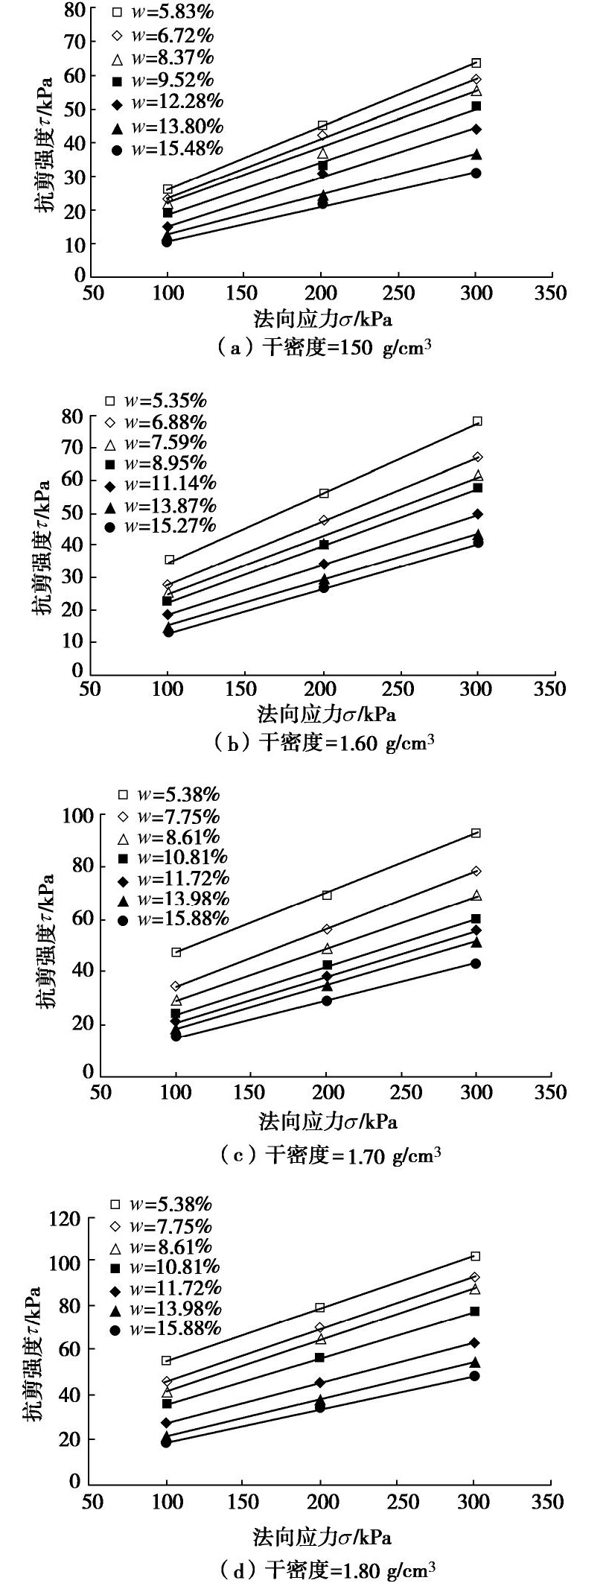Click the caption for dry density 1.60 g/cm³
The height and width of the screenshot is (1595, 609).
pos(324,743)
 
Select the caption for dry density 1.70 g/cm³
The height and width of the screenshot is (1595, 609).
pos(331,1155)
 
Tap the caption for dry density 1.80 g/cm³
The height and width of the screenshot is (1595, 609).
pos(328,1571)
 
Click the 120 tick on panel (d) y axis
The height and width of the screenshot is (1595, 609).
pos(63,1220)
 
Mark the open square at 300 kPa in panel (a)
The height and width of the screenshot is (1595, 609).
pos(476,63)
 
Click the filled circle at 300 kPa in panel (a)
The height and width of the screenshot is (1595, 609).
pos(476,173)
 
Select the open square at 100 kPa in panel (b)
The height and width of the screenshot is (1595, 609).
pos(169,559)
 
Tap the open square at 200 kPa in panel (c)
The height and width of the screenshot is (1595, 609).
pos(326,895)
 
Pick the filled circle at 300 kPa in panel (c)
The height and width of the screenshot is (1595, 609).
pos(476,963)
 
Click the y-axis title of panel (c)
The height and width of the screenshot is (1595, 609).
pos(46,942)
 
